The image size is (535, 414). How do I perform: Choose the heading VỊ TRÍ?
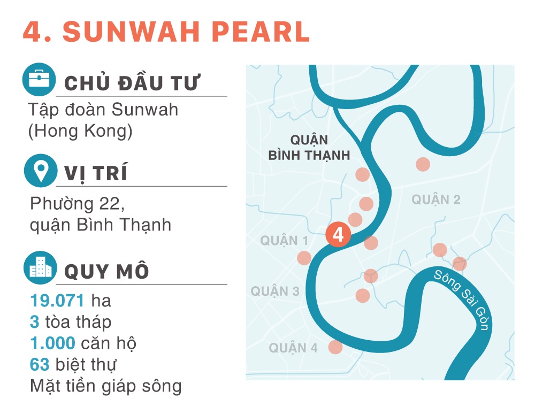tap(96, 174)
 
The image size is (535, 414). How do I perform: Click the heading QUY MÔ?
tap(106, 271)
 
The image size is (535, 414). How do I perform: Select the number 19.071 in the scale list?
tap(57, 301)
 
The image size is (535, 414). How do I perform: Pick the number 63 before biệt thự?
tap(40, 365)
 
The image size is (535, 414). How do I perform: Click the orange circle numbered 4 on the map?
tap(338, 234)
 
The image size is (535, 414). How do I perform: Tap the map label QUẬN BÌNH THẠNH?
tap(309, 148)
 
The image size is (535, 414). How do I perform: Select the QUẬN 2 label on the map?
tap(436, 200)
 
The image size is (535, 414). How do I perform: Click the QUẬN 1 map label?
tap(284, 241)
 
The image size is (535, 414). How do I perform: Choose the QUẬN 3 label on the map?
tap(275, 292)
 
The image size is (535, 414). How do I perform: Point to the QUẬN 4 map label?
tap(293, 348)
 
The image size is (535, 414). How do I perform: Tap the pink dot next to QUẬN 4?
tap(335, 347)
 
